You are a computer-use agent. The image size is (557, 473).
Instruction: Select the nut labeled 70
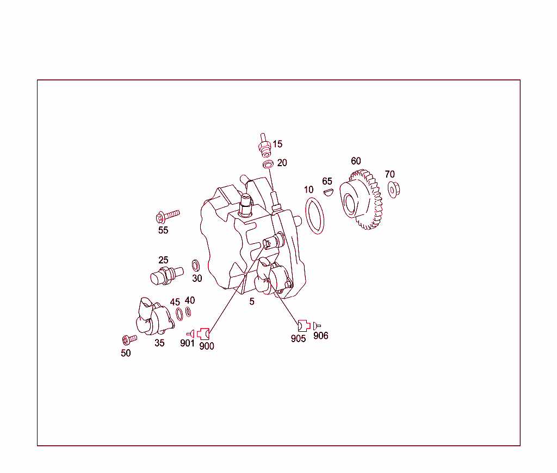[392, 191]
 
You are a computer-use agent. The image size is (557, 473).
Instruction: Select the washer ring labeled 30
[195, 266]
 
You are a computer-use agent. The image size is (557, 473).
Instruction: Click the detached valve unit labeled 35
[153, 319]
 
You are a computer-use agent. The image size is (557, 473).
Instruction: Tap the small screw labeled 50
[129, 339]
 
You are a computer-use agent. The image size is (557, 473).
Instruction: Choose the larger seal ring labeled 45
[179, 314]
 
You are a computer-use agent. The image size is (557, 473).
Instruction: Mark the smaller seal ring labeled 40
[188, 312]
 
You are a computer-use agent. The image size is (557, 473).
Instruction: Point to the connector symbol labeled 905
[302, 325]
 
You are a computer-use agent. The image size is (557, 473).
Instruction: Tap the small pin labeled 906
[317, 325]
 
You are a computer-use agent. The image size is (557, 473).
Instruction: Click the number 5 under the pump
[252, 302]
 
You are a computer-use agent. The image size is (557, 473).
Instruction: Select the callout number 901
[187, 343]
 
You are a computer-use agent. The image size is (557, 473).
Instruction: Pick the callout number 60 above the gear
[356, 161]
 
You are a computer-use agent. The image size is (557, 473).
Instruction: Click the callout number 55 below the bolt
[163, 230]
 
